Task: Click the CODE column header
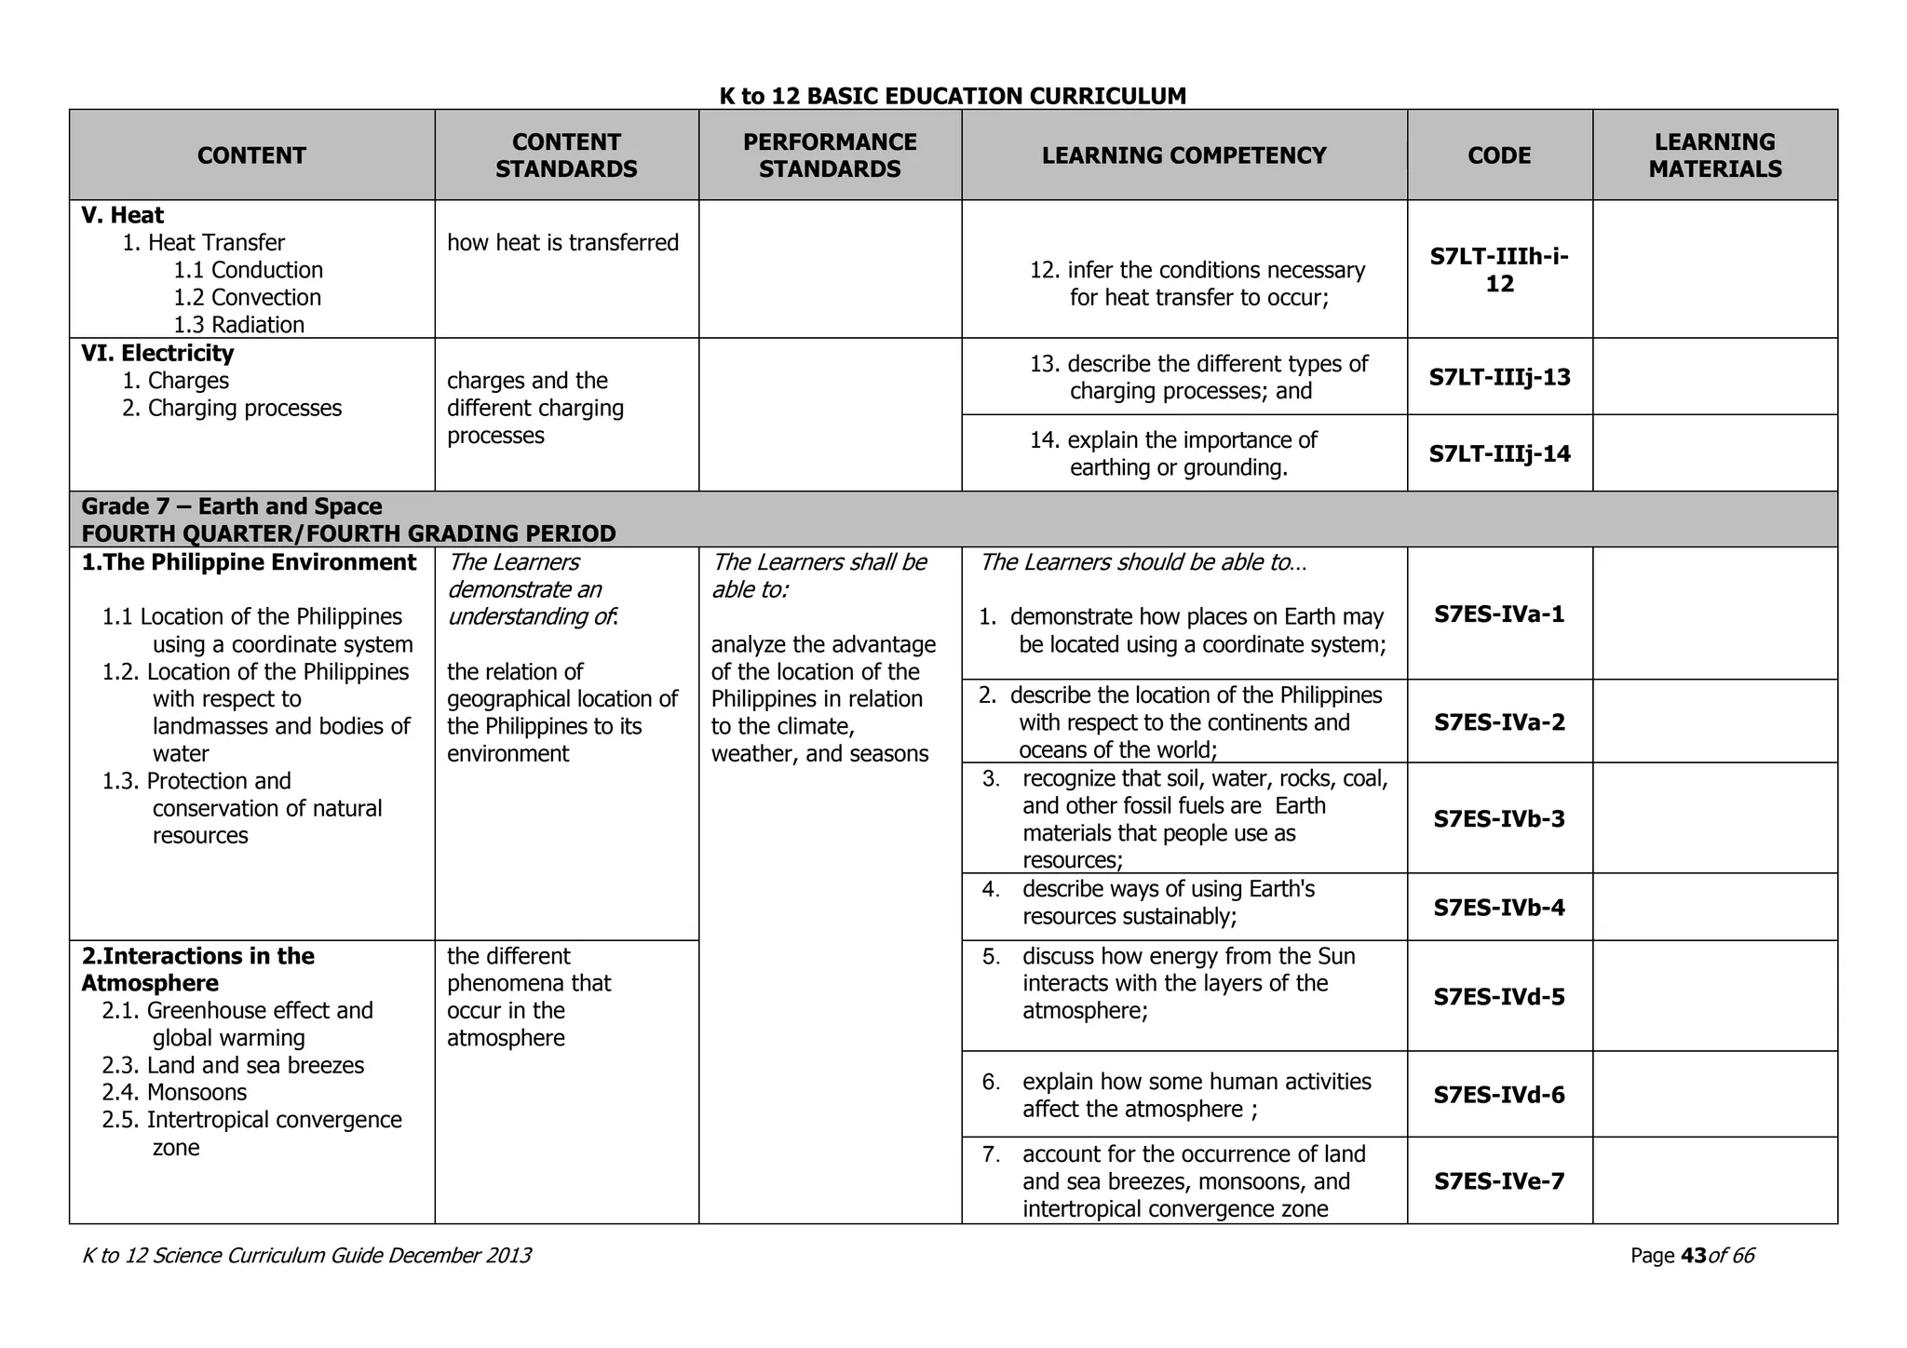pyautogui.click(x=1499, y=155)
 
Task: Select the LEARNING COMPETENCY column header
pyautogui.click(x=1183, y=155)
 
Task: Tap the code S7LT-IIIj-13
pyautogui.click(x=1499, y=377)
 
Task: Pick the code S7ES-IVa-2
pyautogui.click(x=1499, y=722)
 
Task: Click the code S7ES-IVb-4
pyautogui.click(x=1499, y=908)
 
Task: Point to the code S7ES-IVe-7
pyautogui.click(x=1499, y=1181)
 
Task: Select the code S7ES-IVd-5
pyautogui.click(x=1499, y=997)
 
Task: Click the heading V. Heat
pyautogui.click(x=122, y=215)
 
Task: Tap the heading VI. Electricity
pyautogui.click(x=157, y=353)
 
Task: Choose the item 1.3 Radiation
pyautogui.click(x=238, y=325)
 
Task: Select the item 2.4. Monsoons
pyautogui.click(x=174, y=1092)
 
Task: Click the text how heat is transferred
pyautogui.click(x=562, y=243)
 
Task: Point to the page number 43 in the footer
pyautogui.click(x=1693, y=1256)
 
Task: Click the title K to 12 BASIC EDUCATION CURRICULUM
pyautogui.click(x=953, y=96)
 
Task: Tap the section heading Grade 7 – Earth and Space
pyautogui.click(x=232, y=506)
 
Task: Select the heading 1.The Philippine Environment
pyautogui.click(x=249, y=562)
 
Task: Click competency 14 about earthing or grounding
pyautogui.click(x=1178, y=453)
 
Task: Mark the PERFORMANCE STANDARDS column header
pyautogui.click(x=830, y=155)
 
